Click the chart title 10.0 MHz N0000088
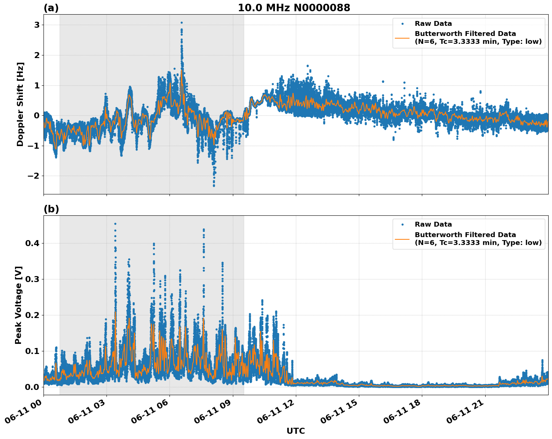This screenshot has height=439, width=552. (294, 8)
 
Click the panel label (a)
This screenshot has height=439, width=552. (51, 8)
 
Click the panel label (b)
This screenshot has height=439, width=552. (51, 209)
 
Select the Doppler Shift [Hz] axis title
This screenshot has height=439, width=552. (20, 104)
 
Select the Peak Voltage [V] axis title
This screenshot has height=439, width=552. (19, 305)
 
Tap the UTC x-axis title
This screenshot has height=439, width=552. (295, 431)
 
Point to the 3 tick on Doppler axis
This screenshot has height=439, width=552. (37, 25)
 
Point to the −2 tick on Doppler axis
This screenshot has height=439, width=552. (34, 176)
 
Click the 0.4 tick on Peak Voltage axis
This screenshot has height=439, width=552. (32, 243)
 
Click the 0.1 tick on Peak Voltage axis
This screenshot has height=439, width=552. (32, 351)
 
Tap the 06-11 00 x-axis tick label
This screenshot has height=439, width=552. (22, 411)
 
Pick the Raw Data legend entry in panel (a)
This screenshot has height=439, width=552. (433, 24)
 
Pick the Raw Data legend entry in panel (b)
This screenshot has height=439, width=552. (433, 224)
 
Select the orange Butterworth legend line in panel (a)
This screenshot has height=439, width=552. (402, 37)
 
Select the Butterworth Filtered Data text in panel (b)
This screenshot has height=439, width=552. (465, 235)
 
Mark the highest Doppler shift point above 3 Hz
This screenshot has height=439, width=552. (181, 22)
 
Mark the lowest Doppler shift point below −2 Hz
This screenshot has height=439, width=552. (214, 185)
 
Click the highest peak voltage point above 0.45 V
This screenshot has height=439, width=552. (115, 224)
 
